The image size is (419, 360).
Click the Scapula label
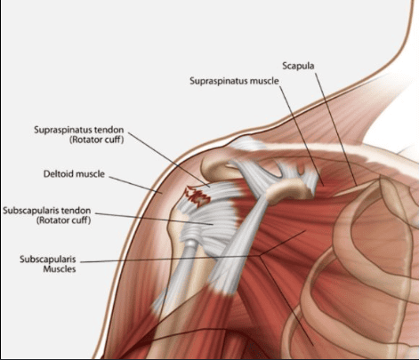(x=298, y=66)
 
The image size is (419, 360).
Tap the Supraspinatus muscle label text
(x=234, y=81)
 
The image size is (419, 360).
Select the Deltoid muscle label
(x=74, y=173)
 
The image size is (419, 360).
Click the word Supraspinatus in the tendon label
(x=63, y=130)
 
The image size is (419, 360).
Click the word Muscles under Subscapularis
(x=60, y=269)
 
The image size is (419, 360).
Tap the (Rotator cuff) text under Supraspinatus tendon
(x=97, y=140)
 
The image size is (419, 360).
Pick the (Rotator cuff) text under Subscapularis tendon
(x=64, y=220)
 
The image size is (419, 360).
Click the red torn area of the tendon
(x=197, y=196)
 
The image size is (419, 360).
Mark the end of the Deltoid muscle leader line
(x=162, y=193)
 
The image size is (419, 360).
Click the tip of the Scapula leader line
(x=356, y=186)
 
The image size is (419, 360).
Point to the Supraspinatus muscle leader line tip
(x=324, y=186)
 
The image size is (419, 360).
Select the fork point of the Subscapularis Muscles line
(x=260, y=256)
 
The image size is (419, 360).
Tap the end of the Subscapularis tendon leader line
(x=214, y=224)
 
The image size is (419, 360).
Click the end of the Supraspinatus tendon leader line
(x=210, y=187)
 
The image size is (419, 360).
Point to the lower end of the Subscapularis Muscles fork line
(x=312, y=345)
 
